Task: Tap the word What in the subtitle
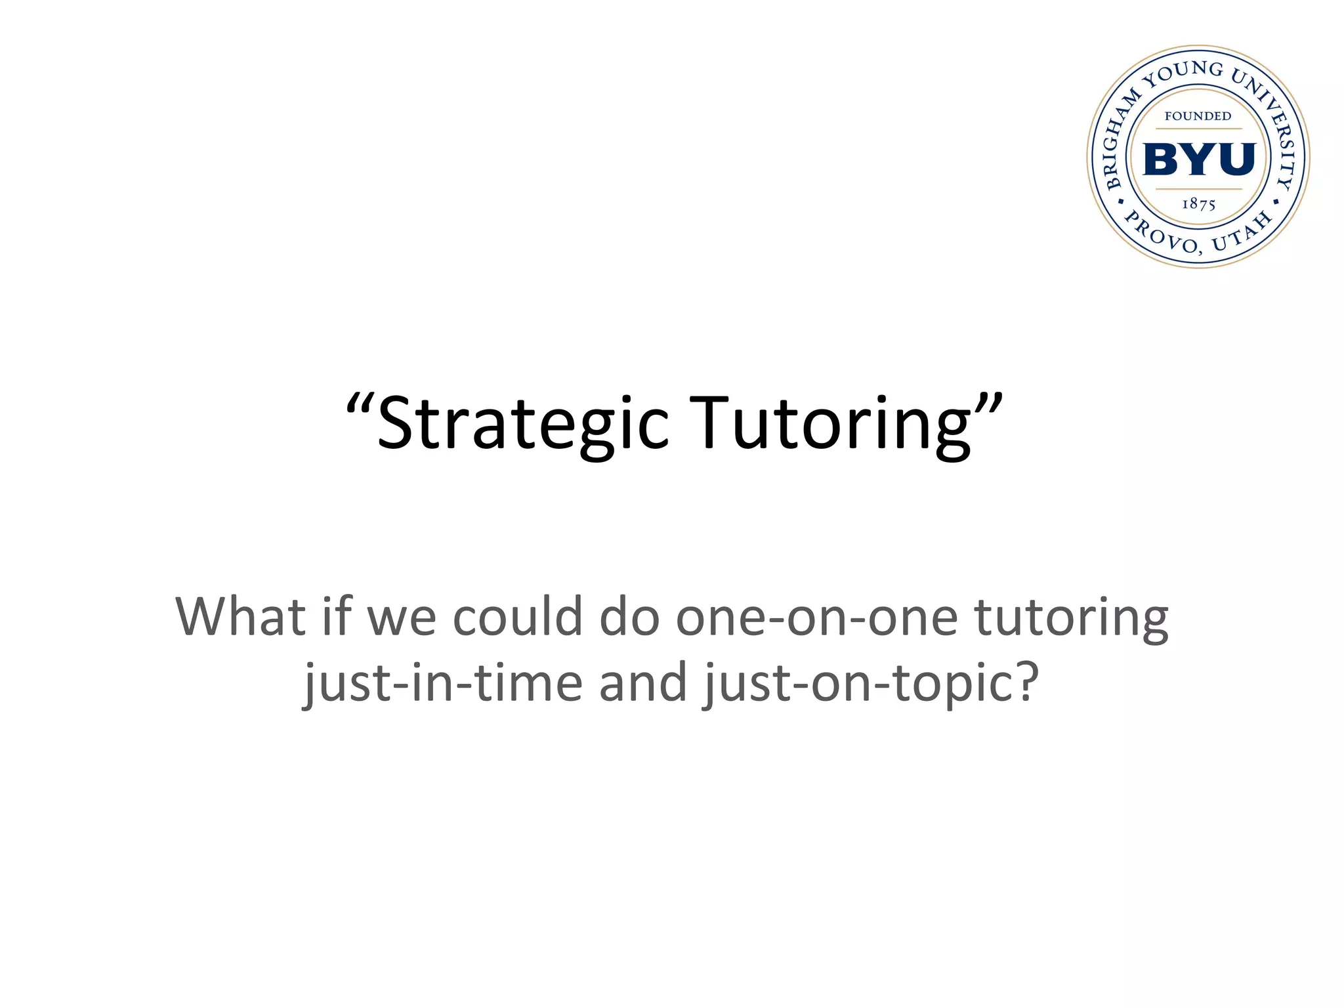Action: point(240,616)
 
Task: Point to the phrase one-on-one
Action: point(817,618)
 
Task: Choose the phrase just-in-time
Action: point(444,682)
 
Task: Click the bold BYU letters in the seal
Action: point(1199,159)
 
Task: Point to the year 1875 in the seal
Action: point(1199,204)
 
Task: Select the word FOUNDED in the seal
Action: point(1198,116)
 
